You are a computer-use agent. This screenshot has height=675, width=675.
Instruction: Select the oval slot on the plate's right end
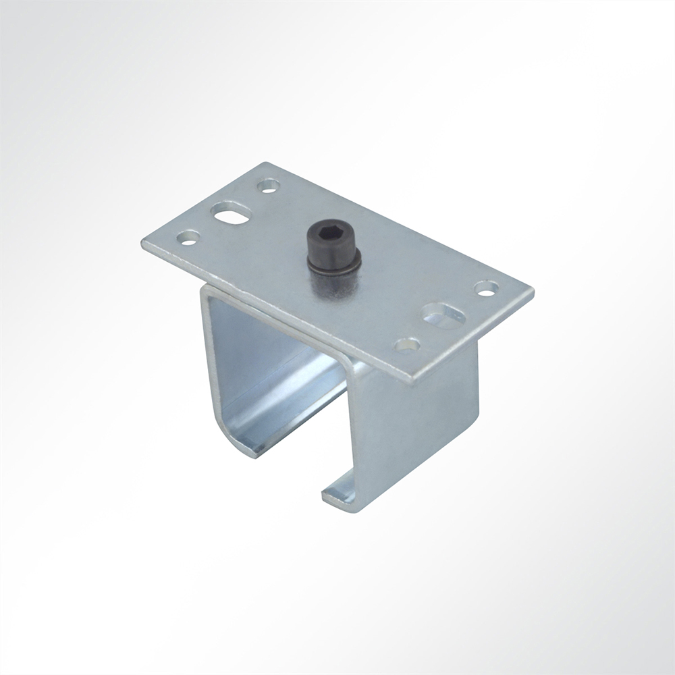coord(443,314)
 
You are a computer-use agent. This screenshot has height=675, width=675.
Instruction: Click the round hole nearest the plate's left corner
coord(188,237)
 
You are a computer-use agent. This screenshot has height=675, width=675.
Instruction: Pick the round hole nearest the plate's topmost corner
coord(269,184)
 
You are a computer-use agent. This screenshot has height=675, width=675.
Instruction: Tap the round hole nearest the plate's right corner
coord(486,288)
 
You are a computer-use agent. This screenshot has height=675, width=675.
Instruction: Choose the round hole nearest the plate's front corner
coord(407,345)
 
